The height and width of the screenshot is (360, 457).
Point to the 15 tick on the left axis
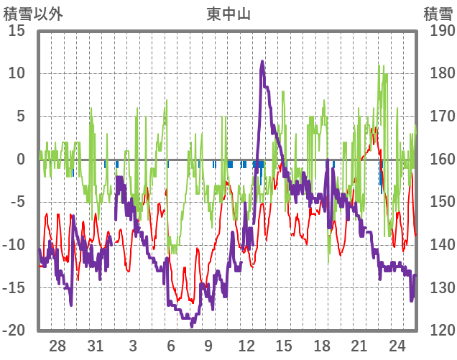[16, 31]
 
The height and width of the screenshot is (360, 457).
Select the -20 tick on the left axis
[14, 331]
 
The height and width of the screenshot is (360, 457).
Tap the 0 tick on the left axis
[21, 160]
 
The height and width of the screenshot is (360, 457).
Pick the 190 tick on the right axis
[438, 31]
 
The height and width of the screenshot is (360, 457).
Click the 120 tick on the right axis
[438, 331]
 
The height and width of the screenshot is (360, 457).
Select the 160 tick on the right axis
[438, 160]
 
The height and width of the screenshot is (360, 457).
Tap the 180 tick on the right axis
[438, 74]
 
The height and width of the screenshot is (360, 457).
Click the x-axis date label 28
[57, 346]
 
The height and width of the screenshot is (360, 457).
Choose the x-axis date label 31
[95, 346]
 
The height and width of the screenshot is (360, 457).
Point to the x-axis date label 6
[170, 346]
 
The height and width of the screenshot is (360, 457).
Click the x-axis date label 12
[246, 346]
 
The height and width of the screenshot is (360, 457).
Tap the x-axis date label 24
[397, 346]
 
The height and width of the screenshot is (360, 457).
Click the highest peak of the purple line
[262, 63]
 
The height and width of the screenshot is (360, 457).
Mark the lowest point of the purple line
[192, 325]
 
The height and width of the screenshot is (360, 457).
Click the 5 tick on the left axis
[21, 116]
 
